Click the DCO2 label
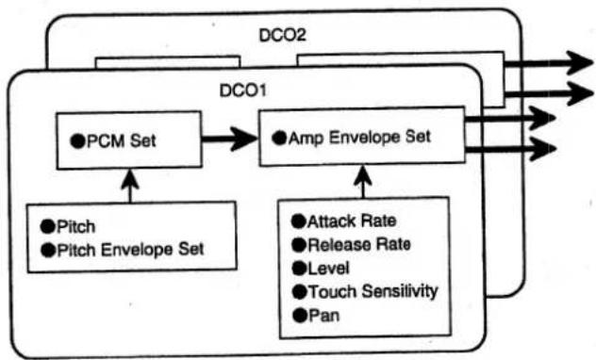[282, 35]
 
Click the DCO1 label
[243, 90]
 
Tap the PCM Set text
[122, 140]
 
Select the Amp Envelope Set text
[359, 138]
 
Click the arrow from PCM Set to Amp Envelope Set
[229, 139]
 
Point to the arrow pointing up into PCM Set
[130, 186]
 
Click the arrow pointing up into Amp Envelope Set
[363, 182]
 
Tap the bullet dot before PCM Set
[77, 140]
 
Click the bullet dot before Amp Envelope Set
[279, 138]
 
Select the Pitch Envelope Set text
[130, 250]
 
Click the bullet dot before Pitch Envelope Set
[48, 251]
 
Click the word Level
[328, 269]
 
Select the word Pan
[323, 316]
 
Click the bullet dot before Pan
[300, 316]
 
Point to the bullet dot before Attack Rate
[299, 221]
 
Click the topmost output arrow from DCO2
[548, 62]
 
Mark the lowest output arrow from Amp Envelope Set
[511, 149]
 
